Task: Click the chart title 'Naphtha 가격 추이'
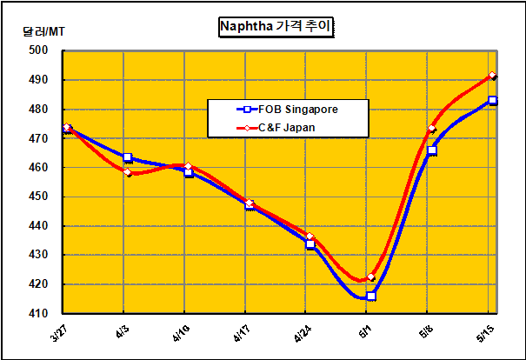click(x=276, y=27)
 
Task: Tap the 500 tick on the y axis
click(x=37, y=50)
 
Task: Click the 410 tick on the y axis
click(x=37, y=313)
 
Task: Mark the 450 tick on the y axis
click(x=37, y=197)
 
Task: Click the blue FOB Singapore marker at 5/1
click(x=371, y=297)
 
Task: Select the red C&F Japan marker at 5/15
click(x=493, y=77)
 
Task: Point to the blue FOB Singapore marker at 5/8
click(x=432, y=150)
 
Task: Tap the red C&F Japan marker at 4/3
click(x=128, y=172)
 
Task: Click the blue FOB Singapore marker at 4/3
click(x=128, y=157)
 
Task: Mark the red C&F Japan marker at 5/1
click(x=371, y=277)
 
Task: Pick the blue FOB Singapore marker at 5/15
click(x=493, y=100)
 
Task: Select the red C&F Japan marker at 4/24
click(x=310, y=237)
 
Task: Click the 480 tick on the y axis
click(x=37, y=109)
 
